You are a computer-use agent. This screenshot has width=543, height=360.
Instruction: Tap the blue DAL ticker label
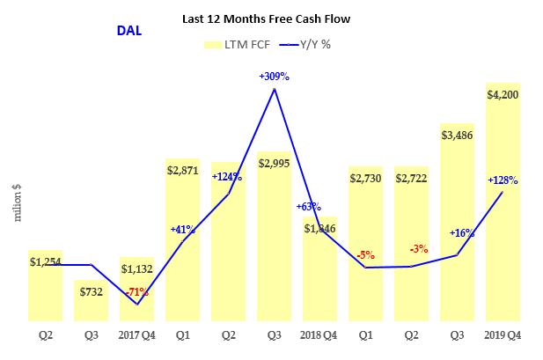pos(129,31)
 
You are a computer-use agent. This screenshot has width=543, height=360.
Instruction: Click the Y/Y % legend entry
pos(308,44)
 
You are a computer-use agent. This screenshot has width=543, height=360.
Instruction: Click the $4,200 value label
pos(503,93)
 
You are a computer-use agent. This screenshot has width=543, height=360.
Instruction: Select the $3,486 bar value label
pos(458,135)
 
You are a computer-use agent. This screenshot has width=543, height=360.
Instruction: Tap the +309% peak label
pos(275,77)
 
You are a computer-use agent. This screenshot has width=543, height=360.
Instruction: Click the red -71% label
pos(136,291)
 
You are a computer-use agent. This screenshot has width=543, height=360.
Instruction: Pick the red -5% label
pos(366,256)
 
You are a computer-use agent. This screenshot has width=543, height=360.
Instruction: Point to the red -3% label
pos(418,249)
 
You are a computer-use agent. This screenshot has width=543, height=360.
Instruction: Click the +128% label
pos(503,180)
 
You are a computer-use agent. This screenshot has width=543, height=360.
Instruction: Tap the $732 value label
pos(91,291)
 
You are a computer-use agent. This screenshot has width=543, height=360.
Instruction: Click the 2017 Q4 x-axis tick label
pos(137,334)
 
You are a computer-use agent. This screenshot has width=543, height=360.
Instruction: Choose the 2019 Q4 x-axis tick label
pos(503,334)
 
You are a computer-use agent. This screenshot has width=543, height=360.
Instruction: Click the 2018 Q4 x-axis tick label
pos(320,334)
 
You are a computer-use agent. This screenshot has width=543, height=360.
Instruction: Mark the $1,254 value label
pos(45,261)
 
